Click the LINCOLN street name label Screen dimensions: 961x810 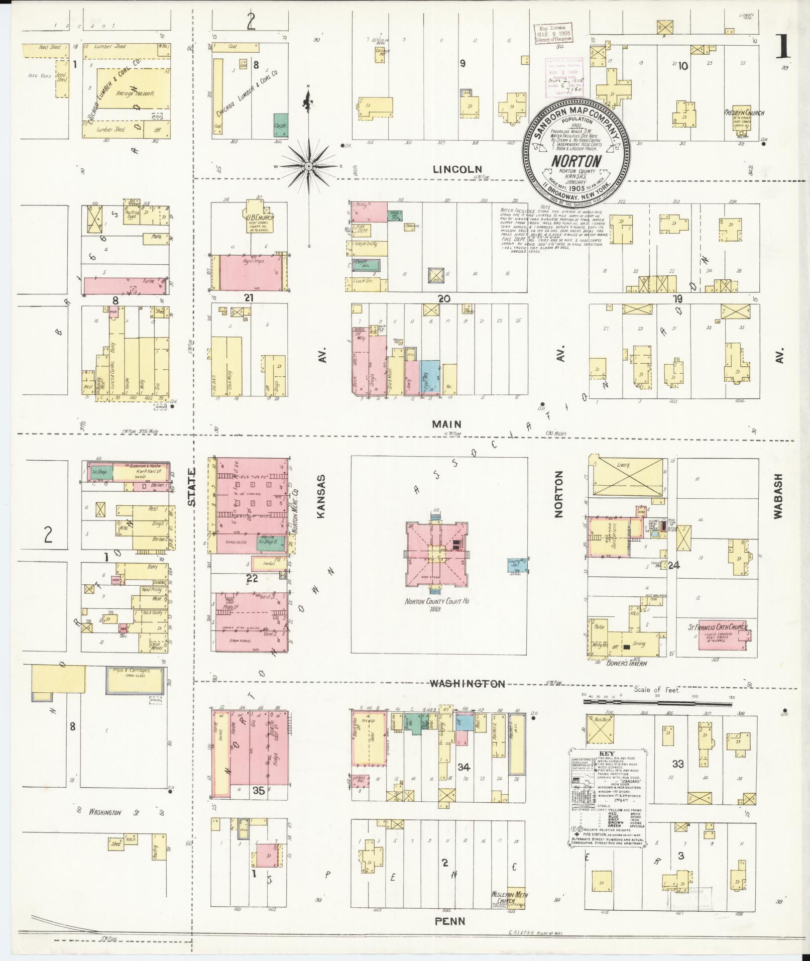457,170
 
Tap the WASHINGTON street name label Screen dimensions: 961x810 467,683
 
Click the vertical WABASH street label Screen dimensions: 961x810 778,495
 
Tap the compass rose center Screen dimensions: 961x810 308,166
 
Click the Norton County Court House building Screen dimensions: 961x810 436,554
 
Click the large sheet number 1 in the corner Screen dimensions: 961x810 780,48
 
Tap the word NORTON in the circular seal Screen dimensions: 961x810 576,161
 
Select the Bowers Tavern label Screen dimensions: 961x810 626,663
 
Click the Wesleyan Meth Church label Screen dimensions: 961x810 510,896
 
